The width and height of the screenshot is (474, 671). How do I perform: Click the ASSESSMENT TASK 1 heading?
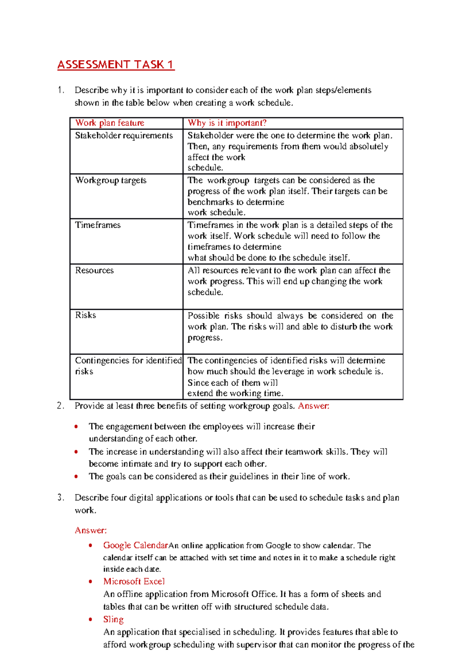click(115, 65)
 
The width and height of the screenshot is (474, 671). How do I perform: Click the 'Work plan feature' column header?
click(110, 123)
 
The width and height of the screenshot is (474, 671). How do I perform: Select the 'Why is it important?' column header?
click(227, 123)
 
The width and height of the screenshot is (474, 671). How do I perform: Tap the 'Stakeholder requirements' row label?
click(124, 136)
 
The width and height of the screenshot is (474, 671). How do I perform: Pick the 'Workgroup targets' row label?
click(111, 180)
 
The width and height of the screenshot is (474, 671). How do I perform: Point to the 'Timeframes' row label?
click(98, 225)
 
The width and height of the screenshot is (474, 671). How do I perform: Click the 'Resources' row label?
click(94, 270)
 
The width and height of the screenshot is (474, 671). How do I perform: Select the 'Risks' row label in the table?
click(85, 315)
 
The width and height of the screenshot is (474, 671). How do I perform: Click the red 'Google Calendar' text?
click(135, 545)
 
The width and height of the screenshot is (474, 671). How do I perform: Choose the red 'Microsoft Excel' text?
click(134, 581)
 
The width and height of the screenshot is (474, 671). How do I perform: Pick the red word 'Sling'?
click(113, 619)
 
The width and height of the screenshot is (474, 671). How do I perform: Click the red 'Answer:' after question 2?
click(314, 406)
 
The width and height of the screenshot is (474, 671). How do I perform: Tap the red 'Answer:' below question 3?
click(91, 530)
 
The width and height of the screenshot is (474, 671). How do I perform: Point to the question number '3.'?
click(60, 498)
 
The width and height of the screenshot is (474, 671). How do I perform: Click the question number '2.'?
click(60, 406)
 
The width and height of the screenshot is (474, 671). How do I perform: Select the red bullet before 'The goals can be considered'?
click(76, 477)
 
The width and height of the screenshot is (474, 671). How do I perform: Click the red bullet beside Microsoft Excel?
click(91, 581)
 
